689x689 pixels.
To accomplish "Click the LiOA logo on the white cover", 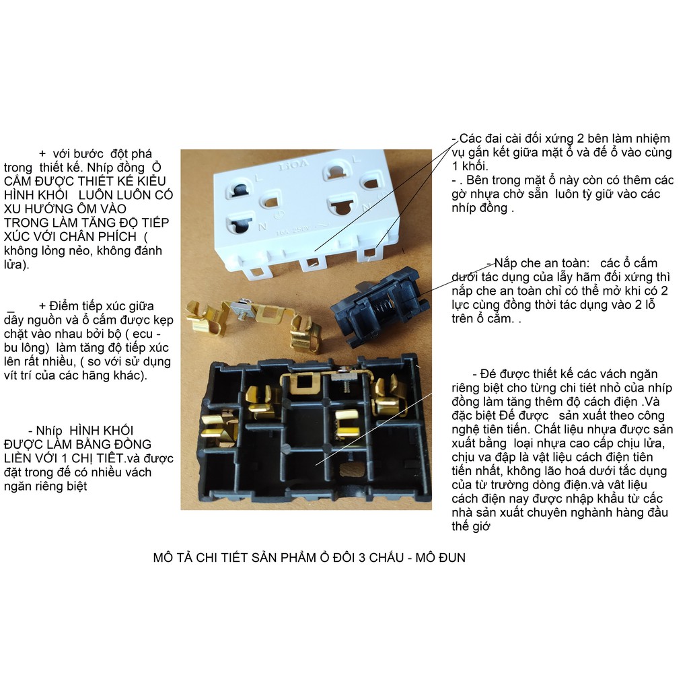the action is [293, 166].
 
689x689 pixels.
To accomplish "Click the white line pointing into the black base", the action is [373, 429].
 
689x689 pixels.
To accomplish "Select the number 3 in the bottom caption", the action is [362, 558].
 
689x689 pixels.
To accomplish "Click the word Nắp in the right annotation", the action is [506, 263].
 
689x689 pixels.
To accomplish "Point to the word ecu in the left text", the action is [143, 334].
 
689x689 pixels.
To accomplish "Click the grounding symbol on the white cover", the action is [278, 215].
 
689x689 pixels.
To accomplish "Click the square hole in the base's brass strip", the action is [303, 382].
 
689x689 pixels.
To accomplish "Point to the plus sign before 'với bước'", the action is [42, 154].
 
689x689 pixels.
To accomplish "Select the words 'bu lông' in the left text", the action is [26, 348].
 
